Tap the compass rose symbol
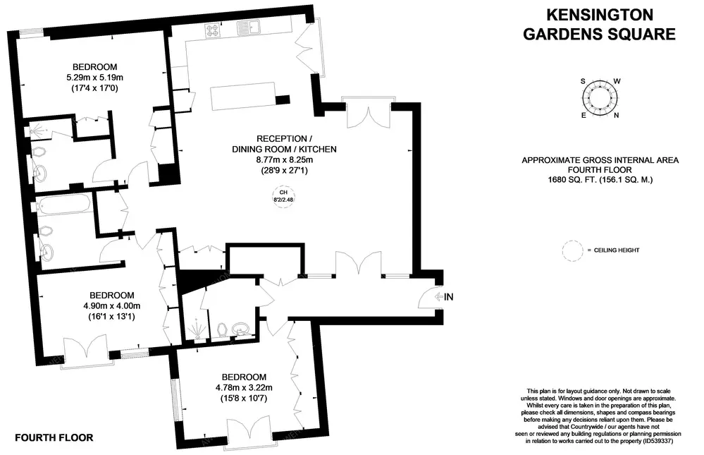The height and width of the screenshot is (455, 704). tap(600, 99)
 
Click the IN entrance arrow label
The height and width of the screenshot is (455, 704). tap(443, 297)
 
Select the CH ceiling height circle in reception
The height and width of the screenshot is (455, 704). tap(284, 196)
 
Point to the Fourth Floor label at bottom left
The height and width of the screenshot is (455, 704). tap(53, 437)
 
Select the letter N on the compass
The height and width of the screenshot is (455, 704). tap(617, 116)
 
